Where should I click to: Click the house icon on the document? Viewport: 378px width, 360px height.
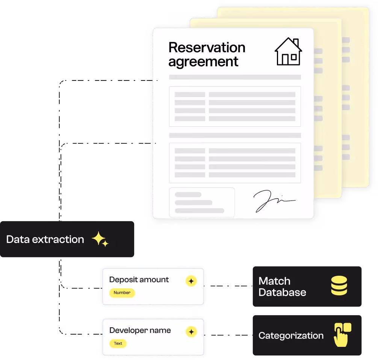pos(288,52)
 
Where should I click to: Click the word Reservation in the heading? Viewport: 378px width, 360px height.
pos(207,47)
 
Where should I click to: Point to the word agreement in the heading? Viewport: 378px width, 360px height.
pos(203,62)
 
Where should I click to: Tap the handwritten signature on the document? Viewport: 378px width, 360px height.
pos(274,201)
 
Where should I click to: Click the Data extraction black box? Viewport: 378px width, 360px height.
pos(67,239)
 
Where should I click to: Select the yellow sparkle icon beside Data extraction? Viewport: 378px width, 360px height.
pos(100,239)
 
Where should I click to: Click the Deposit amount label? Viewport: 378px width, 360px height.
pos(139,279)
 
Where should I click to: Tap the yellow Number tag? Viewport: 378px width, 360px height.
pos(122,293)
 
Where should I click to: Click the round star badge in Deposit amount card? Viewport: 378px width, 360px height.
pos(191,281)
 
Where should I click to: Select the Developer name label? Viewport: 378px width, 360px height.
pos(140,330)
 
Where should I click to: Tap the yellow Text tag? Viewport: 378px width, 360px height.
pos(118,343)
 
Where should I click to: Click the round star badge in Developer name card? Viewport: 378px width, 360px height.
pos(191,332)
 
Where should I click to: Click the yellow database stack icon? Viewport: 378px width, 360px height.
pos(339,286)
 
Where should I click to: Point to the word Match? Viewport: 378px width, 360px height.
pos(274,281)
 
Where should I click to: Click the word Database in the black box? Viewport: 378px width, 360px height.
pos(282,292)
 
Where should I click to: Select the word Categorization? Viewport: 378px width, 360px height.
pos(291,336)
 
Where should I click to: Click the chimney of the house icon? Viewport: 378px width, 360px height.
pos(296,43)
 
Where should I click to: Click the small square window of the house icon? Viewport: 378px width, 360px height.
pos(293,58)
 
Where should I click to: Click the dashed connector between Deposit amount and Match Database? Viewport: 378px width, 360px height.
pos(228,286)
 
